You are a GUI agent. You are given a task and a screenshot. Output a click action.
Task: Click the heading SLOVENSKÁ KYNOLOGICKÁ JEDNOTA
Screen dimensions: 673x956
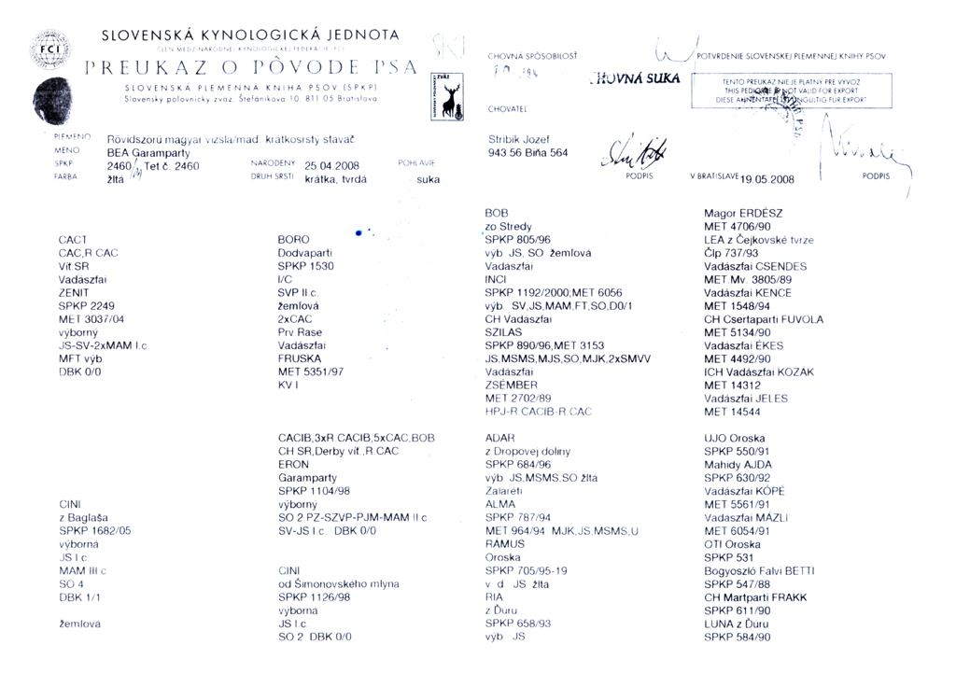(x=249, y=35)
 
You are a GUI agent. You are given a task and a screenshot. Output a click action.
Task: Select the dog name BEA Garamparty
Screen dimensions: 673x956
(x=148, y=152)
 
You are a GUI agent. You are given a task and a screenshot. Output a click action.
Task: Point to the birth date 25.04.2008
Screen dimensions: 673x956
(x=332, y=166)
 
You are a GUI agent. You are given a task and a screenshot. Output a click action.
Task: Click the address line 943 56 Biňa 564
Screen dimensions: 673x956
(x=527, y=153)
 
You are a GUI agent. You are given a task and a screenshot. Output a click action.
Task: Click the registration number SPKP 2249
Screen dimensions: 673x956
(x=86, y=305)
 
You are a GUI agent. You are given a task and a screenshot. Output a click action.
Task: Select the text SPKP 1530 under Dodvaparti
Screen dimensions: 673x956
(x=305, y=266)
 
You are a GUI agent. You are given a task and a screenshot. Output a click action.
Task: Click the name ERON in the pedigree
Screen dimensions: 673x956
(x=293, y=464)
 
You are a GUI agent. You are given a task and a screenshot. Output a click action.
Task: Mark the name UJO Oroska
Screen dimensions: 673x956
(x=734, y=438)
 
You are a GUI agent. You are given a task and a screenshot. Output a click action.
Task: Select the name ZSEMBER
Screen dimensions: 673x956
(x=512, y=385)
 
